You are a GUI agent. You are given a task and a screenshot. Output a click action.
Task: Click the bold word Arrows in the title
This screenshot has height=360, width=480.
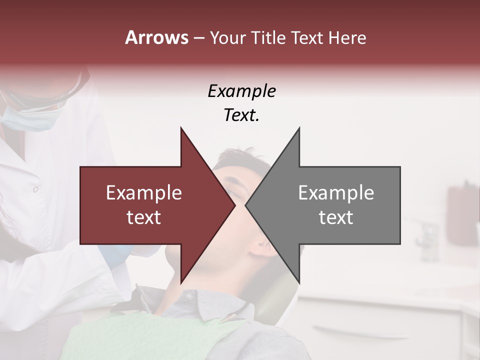[x=157, y=37]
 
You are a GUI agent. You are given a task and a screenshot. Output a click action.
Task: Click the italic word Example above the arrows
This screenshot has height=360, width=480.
[x=241, y=92]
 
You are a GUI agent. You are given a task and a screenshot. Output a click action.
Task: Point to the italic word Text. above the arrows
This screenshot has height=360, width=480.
[x=241, y=115]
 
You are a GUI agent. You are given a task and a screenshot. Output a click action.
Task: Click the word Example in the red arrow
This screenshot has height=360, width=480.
[x=144, y=193]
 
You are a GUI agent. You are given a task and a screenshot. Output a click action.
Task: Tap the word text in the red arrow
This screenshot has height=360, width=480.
[x=144, y=217]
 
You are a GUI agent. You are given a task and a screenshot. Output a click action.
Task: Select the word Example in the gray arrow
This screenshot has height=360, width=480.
[x=336, y=193]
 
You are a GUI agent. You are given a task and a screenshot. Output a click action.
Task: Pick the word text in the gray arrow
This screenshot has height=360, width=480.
[x=336, y=217]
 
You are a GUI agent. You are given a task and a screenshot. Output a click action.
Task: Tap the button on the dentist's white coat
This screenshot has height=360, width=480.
[x=35, y=189]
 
